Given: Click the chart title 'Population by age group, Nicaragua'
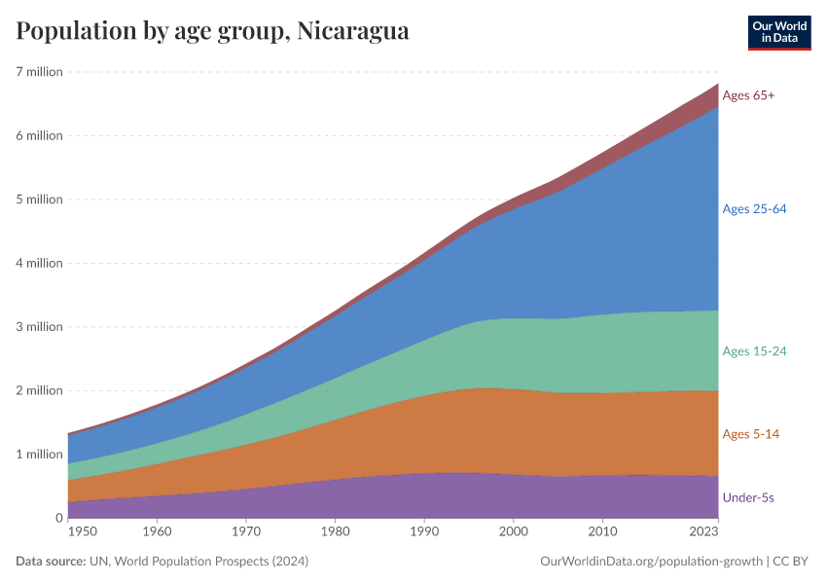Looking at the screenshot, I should (212, 31).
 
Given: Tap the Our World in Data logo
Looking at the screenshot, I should (778, 32).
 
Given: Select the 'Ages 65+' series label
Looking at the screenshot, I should (748, 95).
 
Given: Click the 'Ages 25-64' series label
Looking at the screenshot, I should (754, 209).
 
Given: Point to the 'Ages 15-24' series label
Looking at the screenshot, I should (754, 350).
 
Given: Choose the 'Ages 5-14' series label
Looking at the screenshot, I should (750, 434).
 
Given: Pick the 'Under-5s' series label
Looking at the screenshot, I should (748, 497).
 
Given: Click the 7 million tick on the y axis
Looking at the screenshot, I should (40, 72).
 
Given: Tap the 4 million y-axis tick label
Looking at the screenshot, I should (40, 263).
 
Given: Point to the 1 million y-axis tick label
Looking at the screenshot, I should (40, 454).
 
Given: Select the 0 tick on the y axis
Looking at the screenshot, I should (57, 518).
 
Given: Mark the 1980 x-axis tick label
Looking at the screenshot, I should (336, 532).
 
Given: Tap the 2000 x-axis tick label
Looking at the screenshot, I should (514, 532).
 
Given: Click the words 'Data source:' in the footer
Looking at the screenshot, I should (50, 562).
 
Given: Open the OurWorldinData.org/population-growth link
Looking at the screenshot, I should (650, 562).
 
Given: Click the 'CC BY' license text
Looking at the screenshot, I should (791, 562).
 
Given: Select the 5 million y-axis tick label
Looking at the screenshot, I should (40, 200).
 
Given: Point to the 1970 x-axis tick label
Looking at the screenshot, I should (246, 532).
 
